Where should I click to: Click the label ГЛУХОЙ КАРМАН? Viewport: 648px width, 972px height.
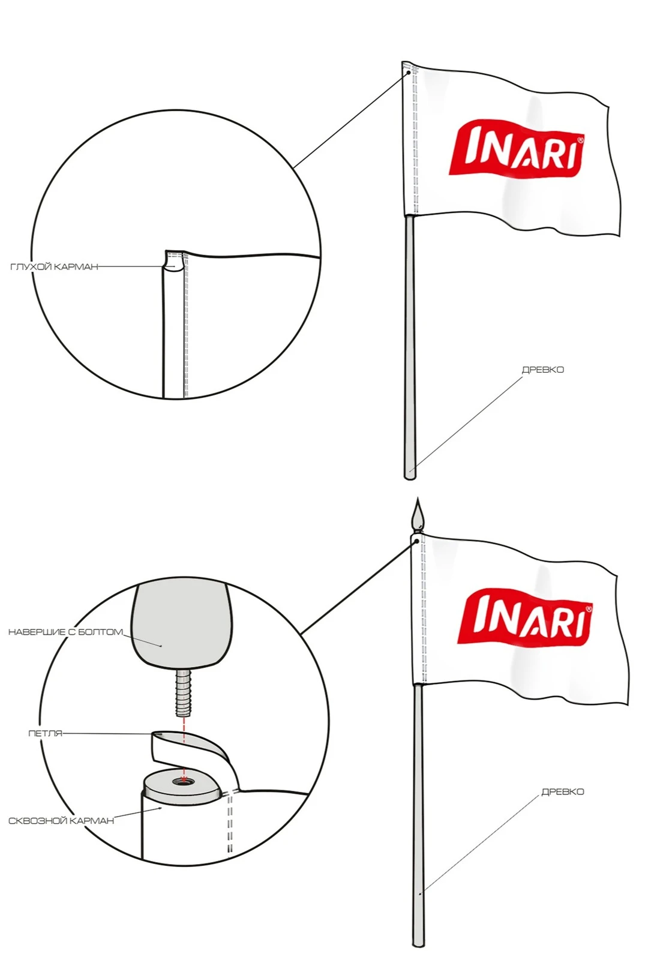pyautogui.click(x=54, y=267)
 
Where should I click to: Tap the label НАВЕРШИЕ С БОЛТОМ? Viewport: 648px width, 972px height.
pyautogui.click(x=65, y=632)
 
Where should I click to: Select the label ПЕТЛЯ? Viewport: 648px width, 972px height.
pyautogui.click(x=46, y=733)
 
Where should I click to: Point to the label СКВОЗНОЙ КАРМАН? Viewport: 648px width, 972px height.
pyautogui.click(x=61, y=821)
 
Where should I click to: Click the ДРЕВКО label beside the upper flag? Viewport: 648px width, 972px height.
pyautogui.click(x=542, y=370)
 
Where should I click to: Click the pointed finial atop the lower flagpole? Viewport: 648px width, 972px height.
pyautogui.click(x=418, y=515)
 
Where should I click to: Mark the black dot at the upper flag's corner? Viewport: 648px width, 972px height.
pyautogui.click(x=409, y=73)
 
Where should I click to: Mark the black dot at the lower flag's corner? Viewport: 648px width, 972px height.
pyautogui.click(x=416, y=541)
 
